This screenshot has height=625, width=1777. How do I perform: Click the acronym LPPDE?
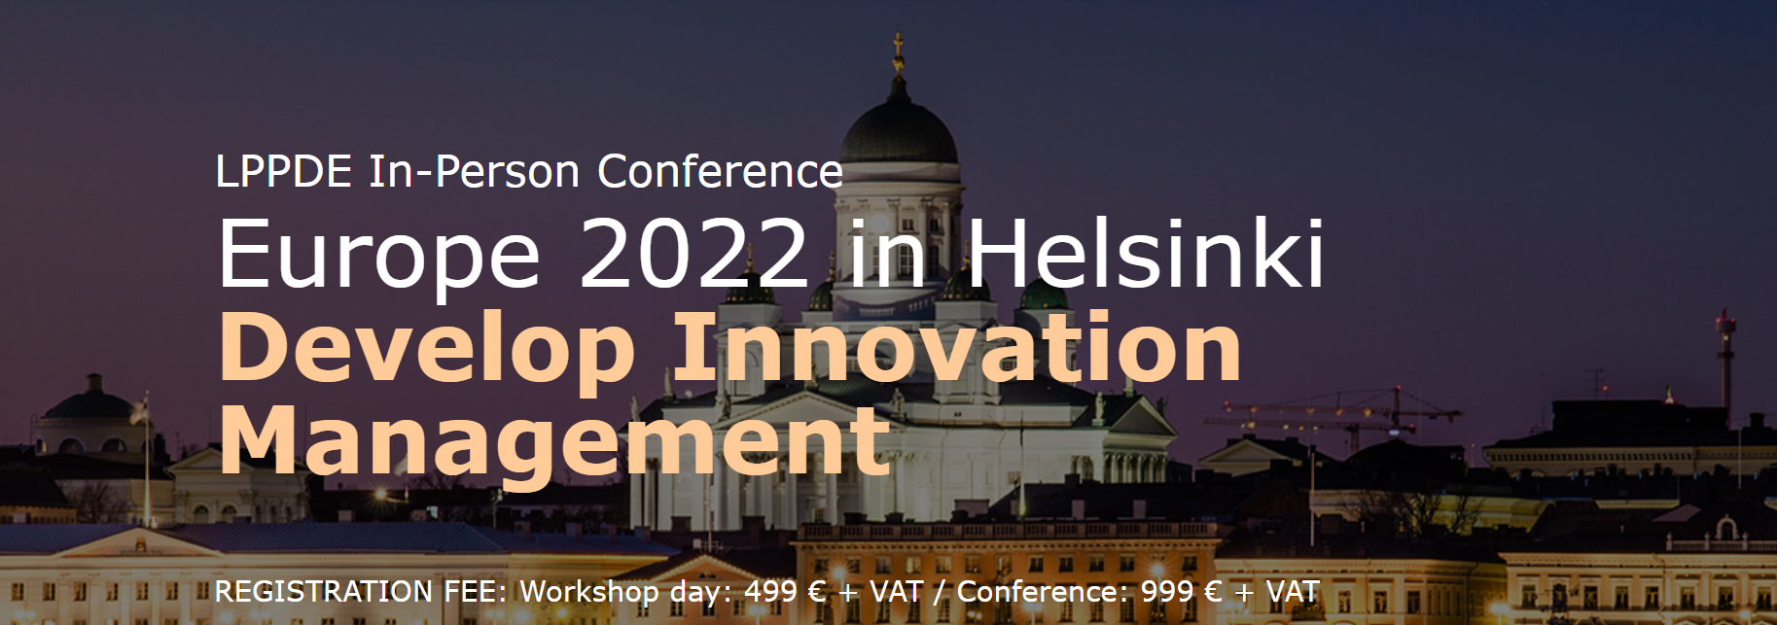(283, 172)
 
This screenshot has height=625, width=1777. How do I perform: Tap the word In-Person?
(475, 172)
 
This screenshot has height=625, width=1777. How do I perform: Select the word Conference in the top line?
(720, 172)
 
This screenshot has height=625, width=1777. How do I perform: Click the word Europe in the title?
(379, 255)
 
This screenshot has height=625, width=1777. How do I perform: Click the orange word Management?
(555, 442)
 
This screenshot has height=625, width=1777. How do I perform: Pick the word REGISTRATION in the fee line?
(324, 591)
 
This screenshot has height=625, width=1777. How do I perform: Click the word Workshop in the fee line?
(589, 592)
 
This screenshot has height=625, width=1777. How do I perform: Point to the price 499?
(771, 591)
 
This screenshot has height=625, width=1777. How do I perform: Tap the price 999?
(1167, 591)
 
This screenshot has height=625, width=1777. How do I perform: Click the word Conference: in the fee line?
(1041, 591)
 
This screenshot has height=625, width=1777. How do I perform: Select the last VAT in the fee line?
(1293, 591)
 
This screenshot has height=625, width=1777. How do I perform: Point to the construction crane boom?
(1333, 412)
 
